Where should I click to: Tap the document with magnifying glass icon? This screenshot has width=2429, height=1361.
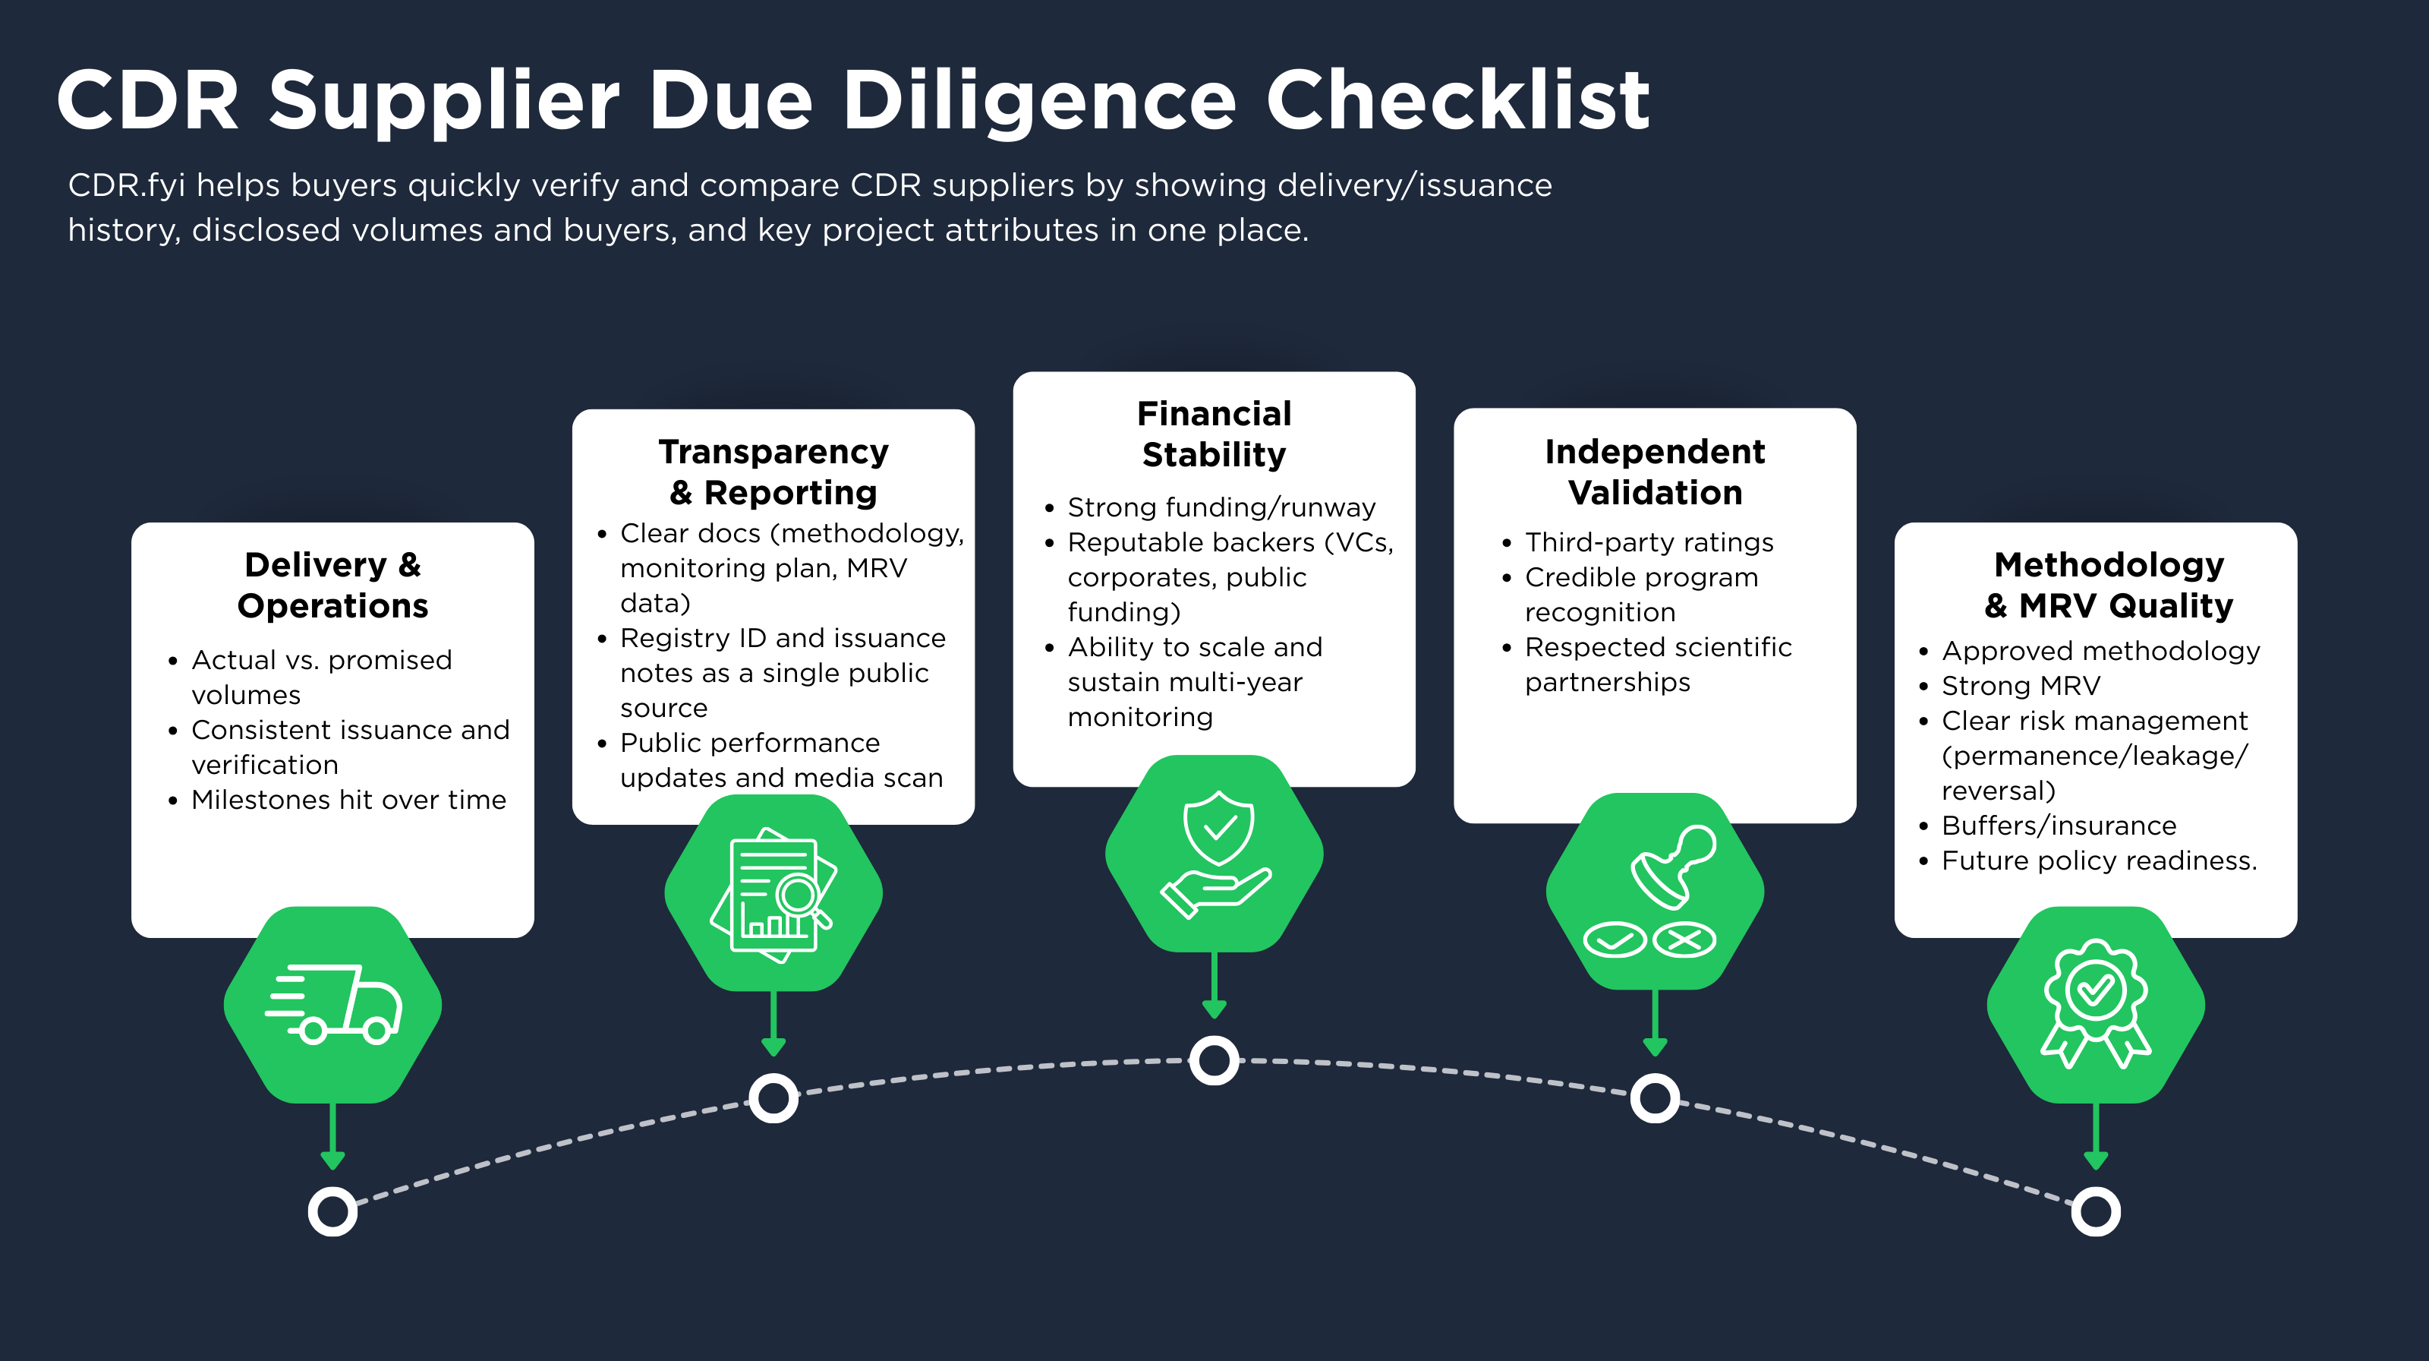pos(773,893)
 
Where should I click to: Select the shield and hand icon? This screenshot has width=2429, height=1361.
pos(1214,854)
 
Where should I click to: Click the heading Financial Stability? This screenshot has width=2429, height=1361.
pos(1214,434)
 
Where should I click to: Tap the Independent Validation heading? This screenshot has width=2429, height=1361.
pos(1655,472)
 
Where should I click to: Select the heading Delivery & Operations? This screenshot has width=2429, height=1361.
pos(333,585)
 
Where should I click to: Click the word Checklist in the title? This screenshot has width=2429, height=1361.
pos(1457,100)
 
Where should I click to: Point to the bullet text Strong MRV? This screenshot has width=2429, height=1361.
pos(2020,686)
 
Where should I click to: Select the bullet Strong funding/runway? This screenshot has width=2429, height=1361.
pos(1221,507)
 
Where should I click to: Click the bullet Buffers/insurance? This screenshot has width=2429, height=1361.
pos(2059,826)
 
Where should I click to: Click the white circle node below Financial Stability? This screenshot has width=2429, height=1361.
pos(1214,1060)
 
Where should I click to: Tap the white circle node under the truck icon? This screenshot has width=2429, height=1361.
pos(333,1211)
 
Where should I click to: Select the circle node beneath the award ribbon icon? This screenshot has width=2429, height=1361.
pos(2095,1211)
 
